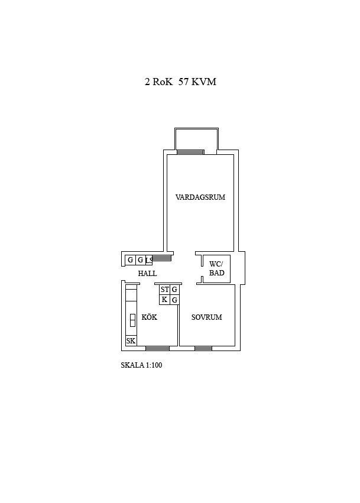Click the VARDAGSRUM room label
pyautogui.click(x=200, y=197)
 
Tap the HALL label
pyautogui.click(x=147, y=273)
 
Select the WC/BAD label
pyautogui.click(x=216, y=268)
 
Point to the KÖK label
pyautogui.click(x=149, y=317)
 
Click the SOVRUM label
pyautogui.click(x=207, y=317)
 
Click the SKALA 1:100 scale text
pyautogui.click(x=141, y=365)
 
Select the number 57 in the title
pyautogui.click(x=183, y=82)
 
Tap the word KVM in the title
pyautogui.click(x=204, y=82)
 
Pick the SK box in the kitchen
pyautogui.click(x=131, y=340)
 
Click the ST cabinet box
pyautogui.click(x=164, y=290)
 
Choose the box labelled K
pyautogui.click(x=164, y=300)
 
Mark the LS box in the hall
pyautogui.click(x=148, y=260)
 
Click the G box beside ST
pyautogui.click(x=174, y=290)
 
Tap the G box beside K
pyautogui.click(x=174, y=300)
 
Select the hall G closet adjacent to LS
pyautogui.click(x=140, y=260)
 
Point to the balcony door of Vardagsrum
pyautogui.click(x=190, y=152)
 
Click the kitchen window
pyautogui.click(x=157, y=348)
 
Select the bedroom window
pyautogui.click(x=203, y=348)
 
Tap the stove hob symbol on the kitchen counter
pyautogui.click(x=132, y=320)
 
